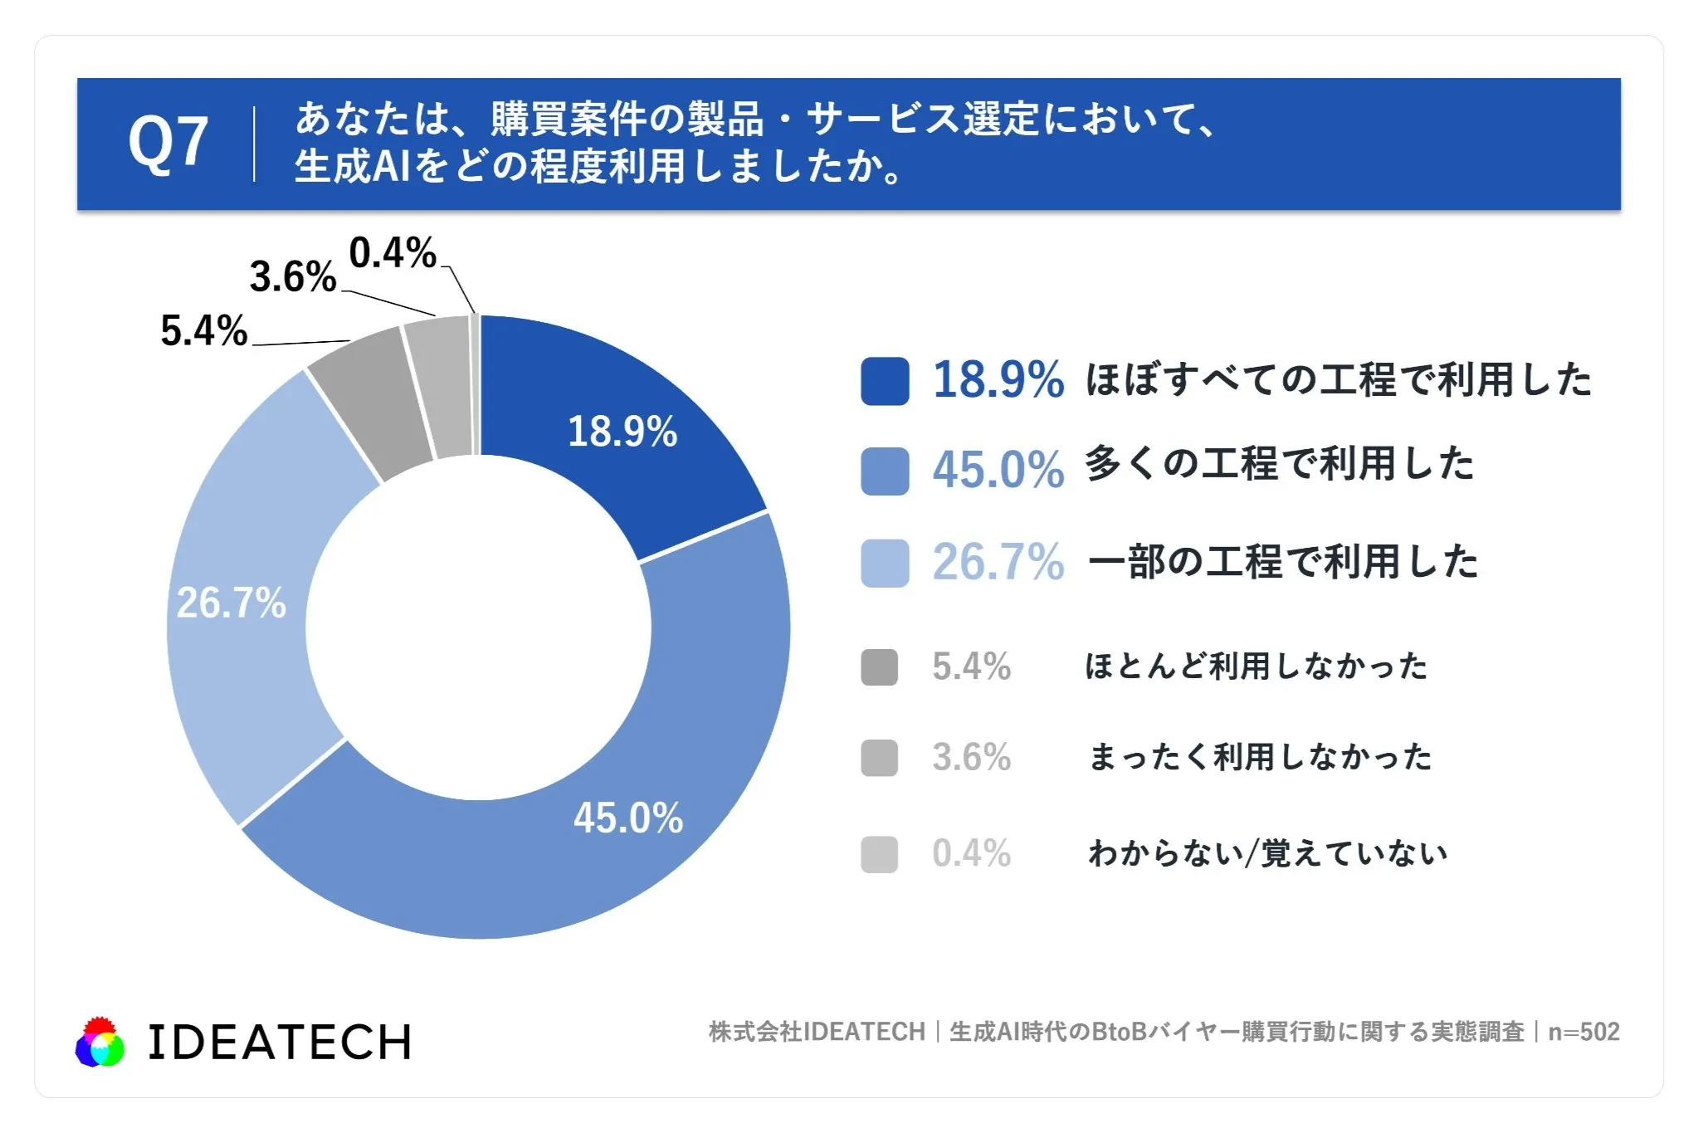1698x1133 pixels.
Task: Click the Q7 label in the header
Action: coord(168,143)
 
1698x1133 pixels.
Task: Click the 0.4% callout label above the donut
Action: coord(393,252)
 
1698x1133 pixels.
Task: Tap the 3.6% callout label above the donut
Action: coord(293,276)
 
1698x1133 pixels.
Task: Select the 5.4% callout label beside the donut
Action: coord(204,330)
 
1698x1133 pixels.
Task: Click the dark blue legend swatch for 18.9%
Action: coord(885,381)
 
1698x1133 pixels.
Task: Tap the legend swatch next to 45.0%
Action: coord(885,471)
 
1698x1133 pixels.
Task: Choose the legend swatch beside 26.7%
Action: coord(885,563)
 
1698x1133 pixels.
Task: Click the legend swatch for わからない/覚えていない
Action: coord(880,854)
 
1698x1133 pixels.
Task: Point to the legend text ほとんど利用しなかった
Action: coord(1256,666)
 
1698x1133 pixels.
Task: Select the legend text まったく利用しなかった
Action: coord(1260,757)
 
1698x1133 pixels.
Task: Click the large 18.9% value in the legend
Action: coord(998,380)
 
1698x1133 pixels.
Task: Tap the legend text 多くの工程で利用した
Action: coord(1279,463)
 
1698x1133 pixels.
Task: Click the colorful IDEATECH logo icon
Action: coord(100,1042)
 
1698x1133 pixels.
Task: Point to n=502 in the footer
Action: coord(1584,1032)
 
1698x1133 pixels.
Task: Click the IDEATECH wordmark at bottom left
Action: coord(280,1043)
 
